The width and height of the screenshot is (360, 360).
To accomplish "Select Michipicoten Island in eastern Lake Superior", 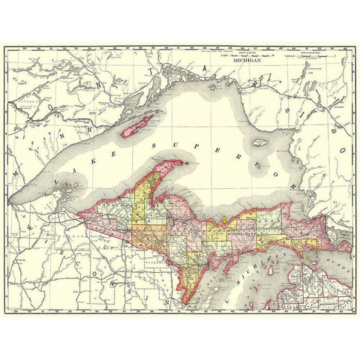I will click(x=260, y=141).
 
